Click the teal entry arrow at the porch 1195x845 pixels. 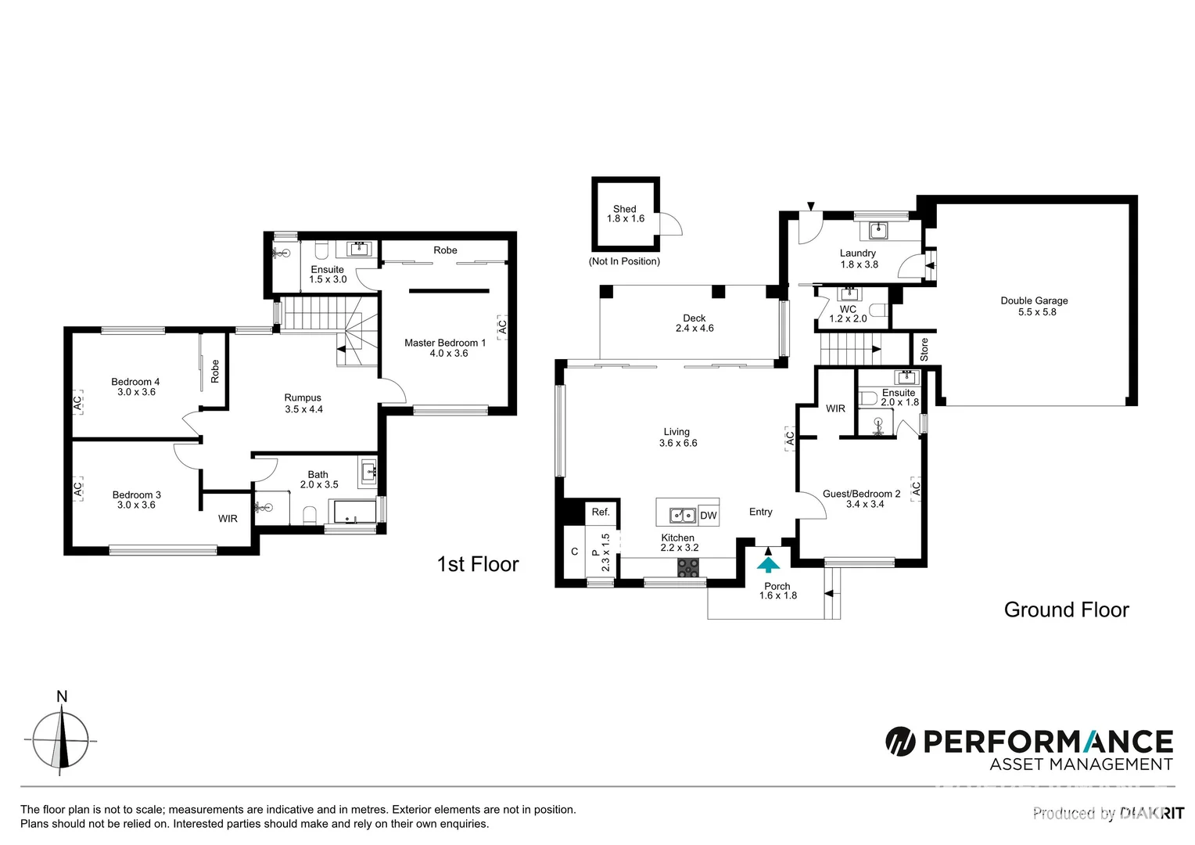(x=770, y=563)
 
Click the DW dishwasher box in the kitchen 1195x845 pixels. (x=708, y=516)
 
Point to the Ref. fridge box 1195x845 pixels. (x=601, y=512)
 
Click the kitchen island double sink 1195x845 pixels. (x=682, y=516)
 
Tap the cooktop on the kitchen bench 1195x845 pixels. (x=688, y=570)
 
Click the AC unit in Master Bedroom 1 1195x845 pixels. (x=502, y=325)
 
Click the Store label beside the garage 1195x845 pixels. (x=924, y=349)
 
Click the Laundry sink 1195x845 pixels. (x=879, y=231)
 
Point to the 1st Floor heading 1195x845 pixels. (x=477, y=564)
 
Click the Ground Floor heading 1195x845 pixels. (x=1066, y=610)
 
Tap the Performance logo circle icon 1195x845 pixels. (x=900, y=741)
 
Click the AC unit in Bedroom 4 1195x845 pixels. (x=77, y=404)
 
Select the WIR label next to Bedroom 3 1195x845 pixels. (x=228, y=519)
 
